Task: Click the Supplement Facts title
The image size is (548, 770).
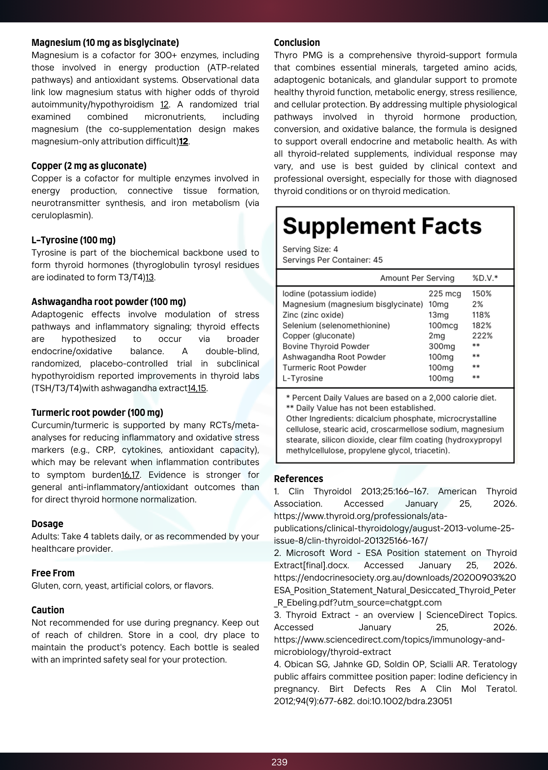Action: pyautogui.click(x=382, y=226)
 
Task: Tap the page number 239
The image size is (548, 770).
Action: pyautogui.click(x=279, y=762)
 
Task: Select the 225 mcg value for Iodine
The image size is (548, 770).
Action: pyautogui.click(x=444, y=294)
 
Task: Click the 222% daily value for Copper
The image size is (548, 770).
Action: pyautogui.click(x=482, y=336)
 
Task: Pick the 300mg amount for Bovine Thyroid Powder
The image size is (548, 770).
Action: pyautogui.click(x=441, y=346)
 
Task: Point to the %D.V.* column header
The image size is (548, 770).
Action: pyautogui.click(x=485, y=278)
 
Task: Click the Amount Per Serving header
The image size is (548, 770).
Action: pyautogui.click(x=417, y=278)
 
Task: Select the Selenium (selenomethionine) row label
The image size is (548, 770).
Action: pyautogui.click(x=336, y=325)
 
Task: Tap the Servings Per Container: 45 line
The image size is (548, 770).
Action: pyautogui.click(x=332, y=260)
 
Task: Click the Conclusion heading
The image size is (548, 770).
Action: pyautogui.click(x=297, y=43)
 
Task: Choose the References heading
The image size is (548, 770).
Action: pyautogui.click(x=298, y=479)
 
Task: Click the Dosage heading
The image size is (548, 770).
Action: pyautogui.click(x=47, y=524)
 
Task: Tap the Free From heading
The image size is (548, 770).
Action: pyautogui.click(x=53, y=573)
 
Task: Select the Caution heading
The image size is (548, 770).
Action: pyautogui.click(x=48, y=610)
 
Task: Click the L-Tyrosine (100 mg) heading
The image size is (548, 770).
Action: pyautogui.click(x=73, y=240)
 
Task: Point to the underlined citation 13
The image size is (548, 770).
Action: pyautogui.click(x=149, y=277)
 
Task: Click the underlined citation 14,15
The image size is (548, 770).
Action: pyautogui.click(x=197, y=388)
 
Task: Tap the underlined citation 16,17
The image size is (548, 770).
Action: pyautogui.click(x=130, y=475)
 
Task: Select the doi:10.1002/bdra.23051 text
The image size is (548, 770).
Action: pyautogui.click(x=404, y=701)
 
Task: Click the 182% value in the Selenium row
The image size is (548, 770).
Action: pyautogui.click(x=481, y=325)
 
